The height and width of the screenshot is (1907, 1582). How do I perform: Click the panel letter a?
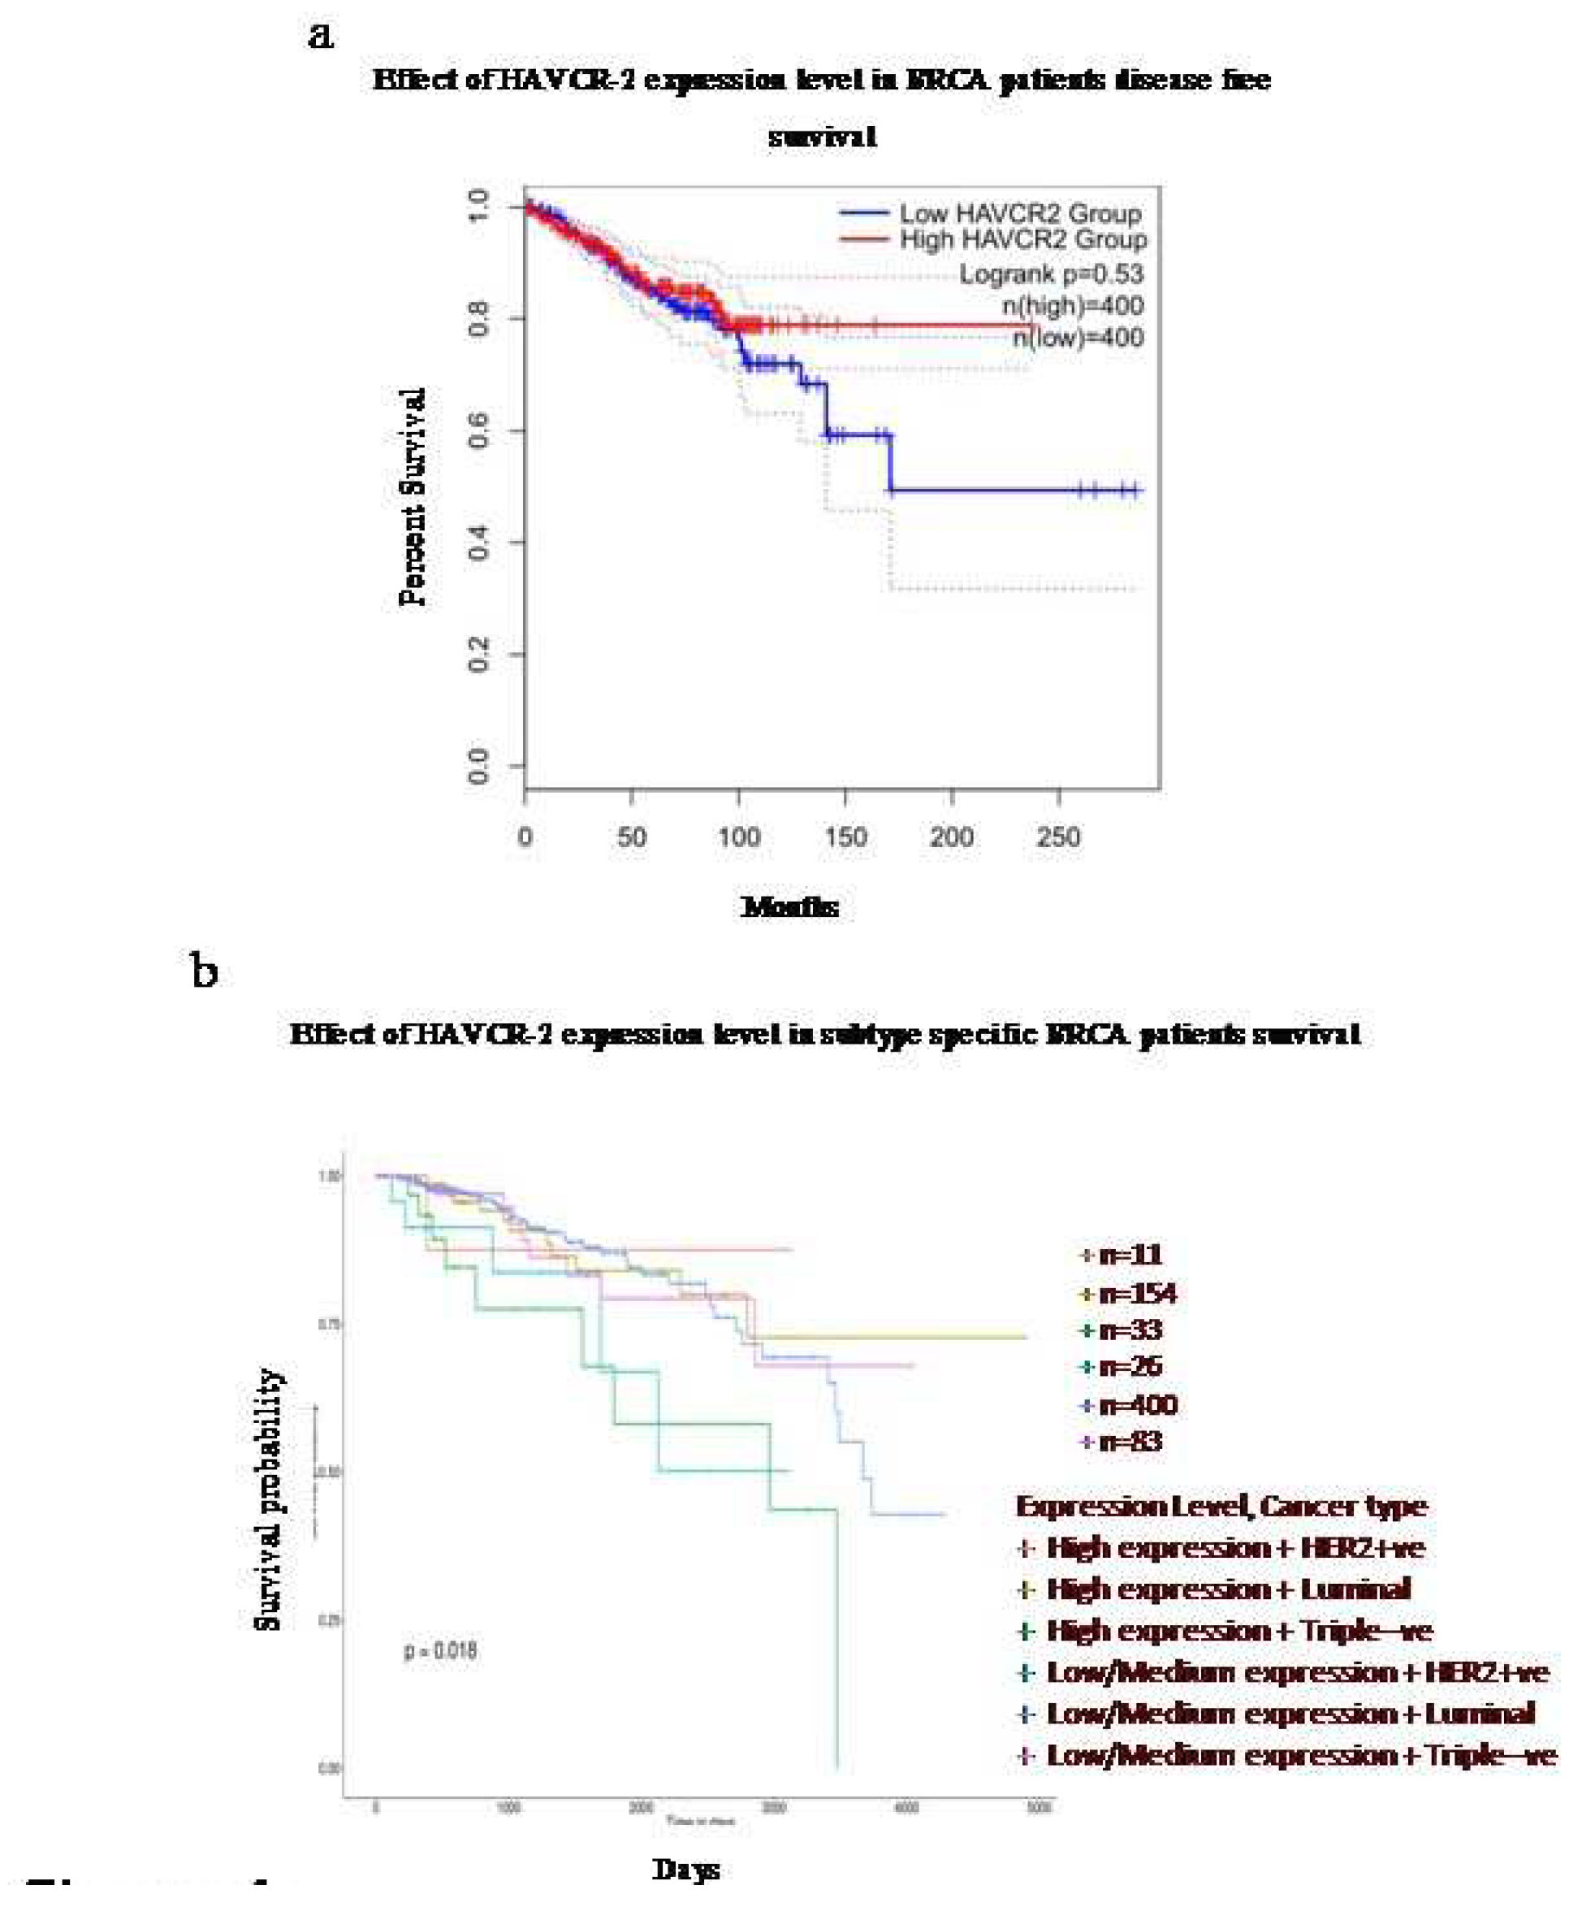[321, 37]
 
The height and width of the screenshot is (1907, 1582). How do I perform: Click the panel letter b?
[205, 971]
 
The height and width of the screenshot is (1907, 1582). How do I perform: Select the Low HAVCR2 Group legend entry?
[1019, 214]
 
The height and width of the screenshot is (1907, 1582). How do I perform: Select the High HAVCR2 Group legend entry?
[1022, 240]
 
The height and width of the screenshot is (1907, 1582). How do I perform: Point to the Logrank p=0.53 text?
[1051, 274]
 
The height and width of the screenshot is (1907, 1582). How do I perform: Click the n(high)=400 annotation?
[1073, 305]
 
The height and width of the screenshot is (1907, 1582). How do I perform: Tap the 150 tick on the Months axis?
[845, 836]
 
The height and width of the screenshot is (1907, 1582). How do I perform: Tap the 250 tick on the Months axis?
[1058, 836]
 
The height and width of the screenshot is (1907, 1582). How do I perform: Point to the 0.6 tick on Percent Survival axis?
[478, 432]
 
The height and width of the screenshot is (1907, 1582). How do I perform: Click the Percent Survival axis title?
[413, 498]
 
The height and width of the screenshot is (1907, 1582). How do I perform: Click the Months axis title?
[789, 906]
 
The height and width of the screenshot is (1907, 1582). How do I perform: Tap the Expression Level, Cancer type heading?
[1221, 1507]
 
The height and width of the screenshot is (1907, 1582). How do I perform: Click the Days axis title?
[685, 1869]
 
